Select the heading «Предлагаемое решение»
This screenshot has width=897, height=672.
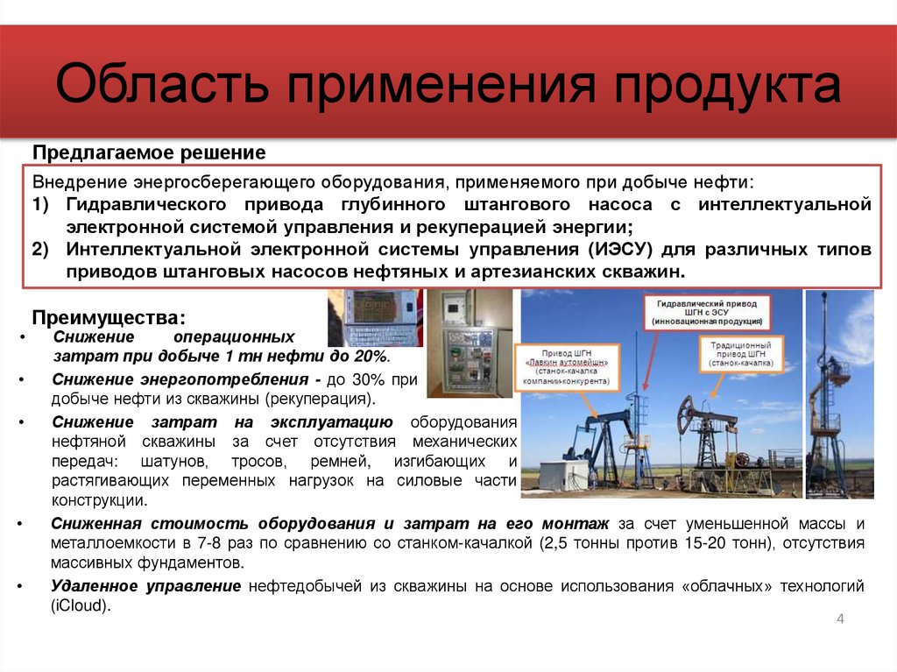click(x=149, y=152)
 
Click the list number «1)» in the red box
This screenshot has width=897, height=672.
click(x=42, y=204)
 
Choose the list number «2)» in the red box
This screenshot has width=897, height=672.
click(x=42, y=250)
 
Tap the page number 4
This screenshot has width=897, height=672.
click(x=840, y=619)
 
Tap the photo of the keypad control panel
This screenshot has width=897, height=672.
click(x=375, y=318)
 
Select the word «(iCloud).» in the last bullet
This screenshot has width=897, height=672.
click(x=81, y=604)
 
